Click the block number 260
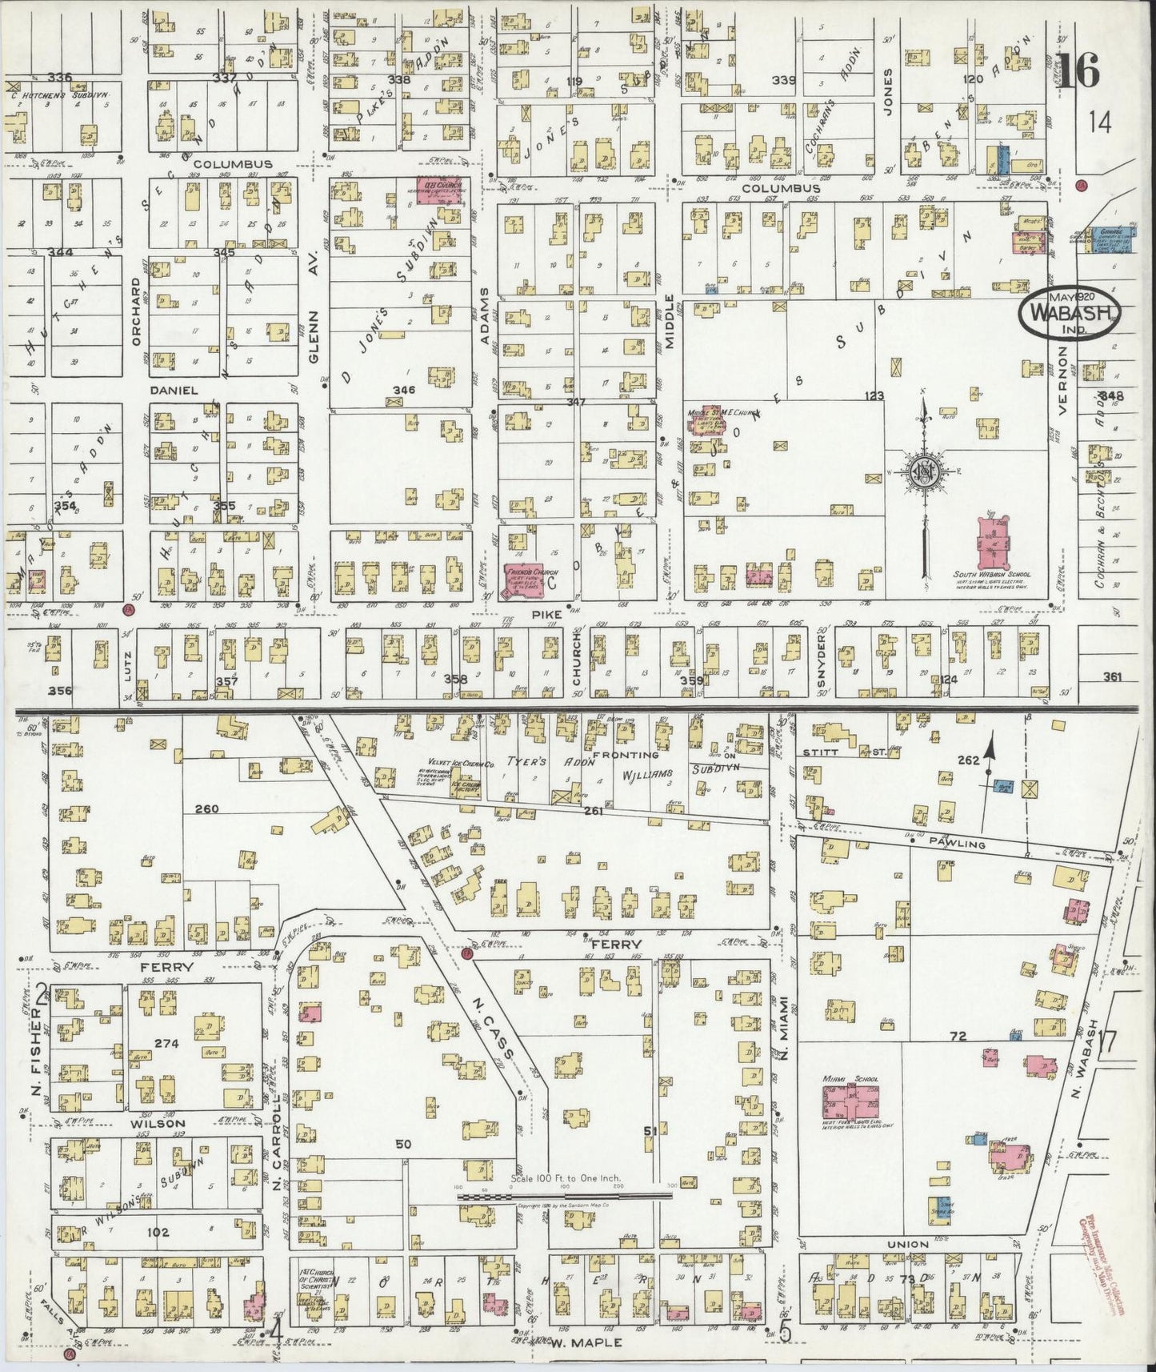206,808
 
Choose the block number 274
166,1042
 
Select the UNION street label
909,1244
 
